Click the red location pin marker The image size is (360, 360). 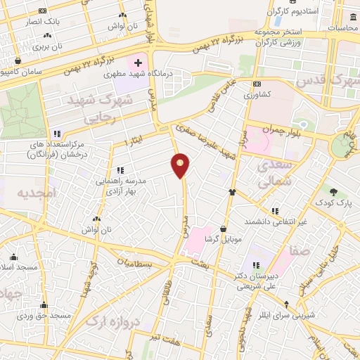[x=181, y=165]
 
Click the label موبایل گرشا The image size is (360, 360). [x=222, y=239]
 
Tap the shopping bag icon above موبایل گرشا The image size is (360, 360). [x=223, y=228]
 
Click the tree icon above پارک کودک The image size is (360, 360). [x=333, y=191]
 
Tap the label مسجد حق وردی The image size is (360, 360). [x=45, y=316]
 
